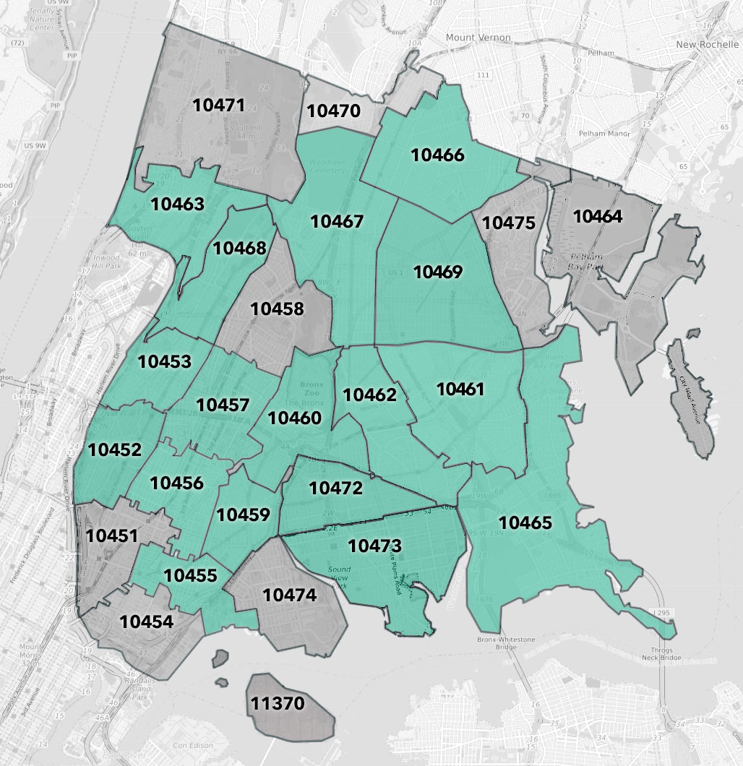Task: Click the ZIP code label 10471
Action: click(x=219, y=105)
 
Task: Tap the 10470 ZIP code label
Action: click(x=333, y=111)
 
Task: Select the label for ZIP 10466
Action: click(x=437, y=155)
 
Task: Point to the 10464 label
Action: click(x=598, y=215)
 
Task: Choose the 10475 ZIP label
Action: click(x=509, y=223)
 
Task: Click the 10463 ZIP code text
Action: click(x=177, y=203)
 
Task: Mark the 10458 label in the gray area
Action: click(x=277, y=309)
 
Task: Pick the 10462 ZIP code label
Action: click(x=369, y=395)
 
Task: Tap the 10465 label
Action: click(x=525, y=522)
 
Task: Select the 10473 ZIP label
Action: click(x=375, y=546)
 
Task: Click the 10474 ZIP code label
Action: click(x=289, y=595)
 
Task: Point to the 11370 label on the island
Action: click(x=278, y=702)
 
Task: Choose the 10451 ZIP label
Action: click(x=111, y=535)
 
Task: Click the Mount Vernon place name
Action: click(x=478, y=38)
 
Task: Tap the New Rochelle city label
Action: click(x=705, y=45)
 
